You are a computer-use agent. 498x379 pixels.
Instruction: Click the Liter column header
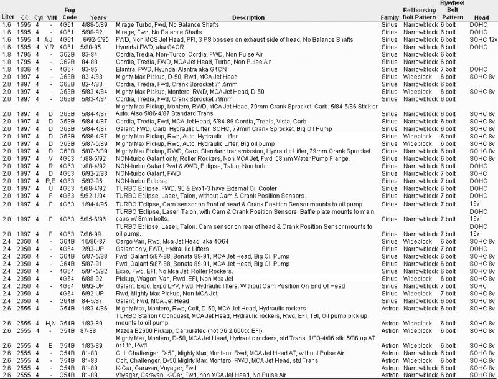coord(7,17)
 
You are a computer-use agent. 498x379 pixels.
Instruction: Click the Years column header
coord(98,17)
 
